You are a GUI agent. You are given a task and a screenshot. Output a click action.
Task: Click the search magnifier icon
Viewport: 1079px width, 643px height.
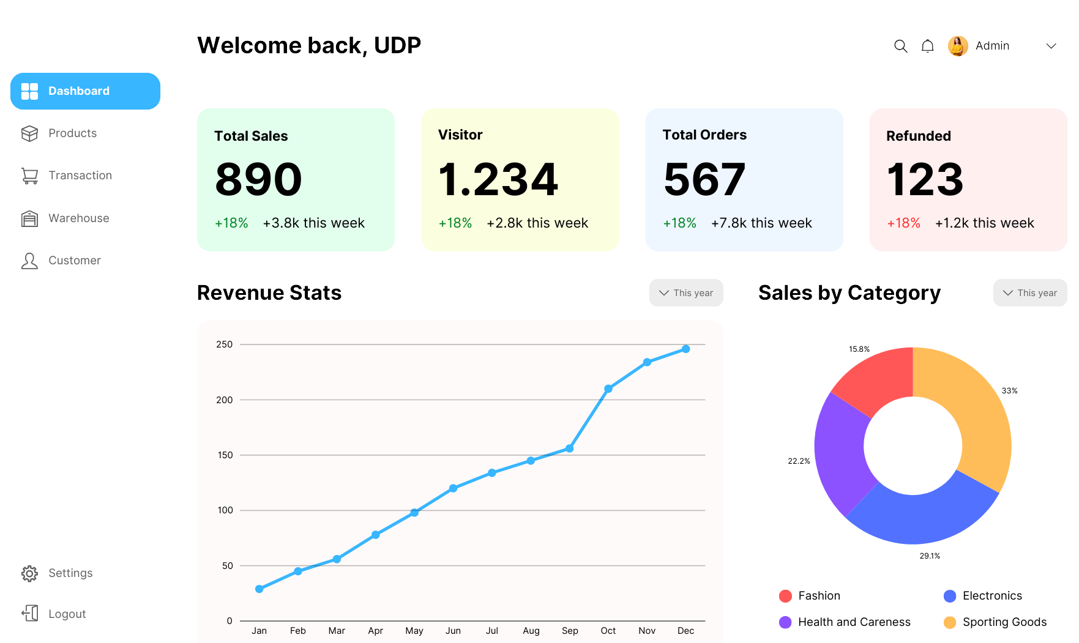point(900,46)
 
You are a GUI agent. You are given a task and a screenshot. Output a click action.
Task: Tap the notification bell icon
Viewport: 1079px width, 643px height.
point(928,46)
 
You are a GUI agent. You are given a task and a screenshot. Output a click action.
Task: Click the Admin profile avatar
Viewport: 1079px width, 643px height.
point(958,46)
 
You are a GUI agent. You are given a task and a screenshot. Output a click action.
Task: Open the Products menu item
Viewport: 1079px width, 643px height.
point(72,133)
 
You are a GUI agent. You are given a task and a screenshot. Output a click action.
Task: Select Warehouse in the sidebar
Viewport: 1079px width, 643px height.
point(78,218)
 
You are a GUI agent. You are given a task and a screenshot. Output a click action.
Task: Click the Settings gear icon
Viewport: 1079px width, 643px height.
point(29,573)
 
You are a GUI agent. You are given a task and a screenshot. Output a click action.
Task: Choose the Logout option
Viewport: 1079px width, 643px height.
point(67,614)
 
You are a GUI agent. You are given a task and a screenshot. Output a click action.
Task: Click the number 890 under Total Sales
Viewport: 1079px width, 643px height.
point(259,180)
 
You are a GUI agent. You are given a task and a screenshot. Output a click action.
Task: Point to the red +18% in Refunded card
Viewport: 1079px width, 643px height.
point(903,223)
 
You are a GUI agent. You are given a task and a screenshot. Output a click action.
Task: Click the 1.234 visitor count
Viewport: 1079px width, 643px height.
point(498,180)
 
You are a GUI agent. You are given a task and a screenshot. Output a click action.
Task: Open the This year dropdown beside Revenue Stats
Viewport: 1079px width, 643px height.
point(686,293)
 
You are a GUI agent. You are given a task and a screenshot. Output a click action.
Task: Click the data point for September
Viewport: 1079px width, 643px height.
point(569,448)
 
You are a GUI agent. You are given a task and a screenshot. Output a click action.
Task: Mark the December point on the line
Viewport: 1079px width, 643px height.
point(685,349)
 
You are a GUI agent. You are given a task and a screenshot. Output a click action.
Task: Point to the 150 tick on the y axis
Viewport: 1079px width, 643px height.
point(225,455)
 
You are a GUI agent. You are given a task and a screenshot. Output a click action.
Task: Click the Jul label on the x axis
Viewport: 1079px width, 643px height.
point(491,631)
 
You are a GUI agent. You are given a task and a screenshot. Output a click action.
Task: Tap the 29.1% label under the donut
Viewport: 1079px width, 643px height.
point(930,556)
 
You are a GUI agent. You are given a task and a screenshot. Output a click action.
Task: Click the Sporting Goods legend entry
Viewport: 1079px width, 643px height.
point(1004,622)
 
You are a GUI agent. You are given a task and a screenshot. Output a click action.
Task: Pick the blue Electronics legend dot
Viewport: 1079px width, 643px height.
point(950,596)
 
